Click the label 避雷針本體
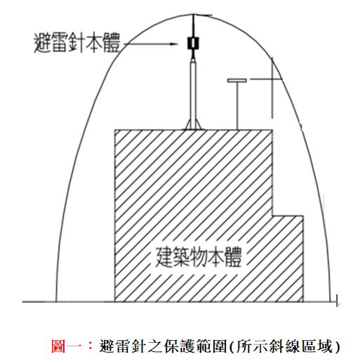[77, 43]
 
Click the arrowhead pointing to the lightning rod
[173, 44]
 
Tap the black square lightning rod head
[193, 43]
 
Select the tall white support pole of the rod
[193, 93]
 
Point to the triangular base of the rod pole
[193, 124]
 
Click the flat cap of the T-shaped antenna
[237, 81]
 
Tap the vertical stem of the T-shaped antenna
[237, 106]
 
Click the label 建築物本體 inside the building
[199, 257]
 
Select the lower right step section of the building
[288, 259]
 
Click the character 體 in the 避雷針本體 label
[112, 43]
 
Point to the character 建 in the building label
[164, 257]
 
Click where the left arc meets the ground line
[56, 301]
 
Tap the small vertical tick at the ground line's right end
[337, 301]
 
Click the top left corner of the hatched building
[114, 130]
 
